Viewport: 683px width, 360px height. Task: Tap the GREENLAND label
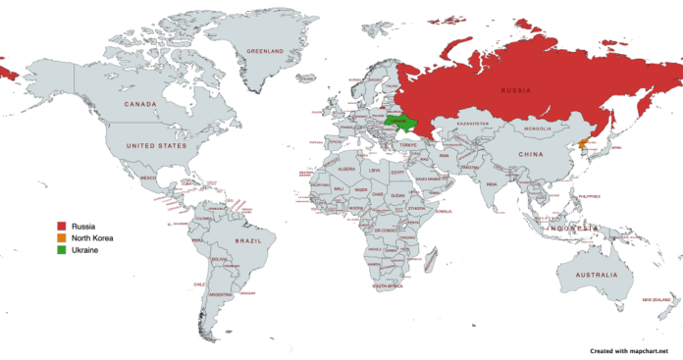coord(265,50)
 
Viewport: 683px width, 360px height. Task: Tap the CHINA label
coord(531,154)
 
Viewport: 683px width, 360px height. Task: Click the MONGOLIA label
coord(538,129)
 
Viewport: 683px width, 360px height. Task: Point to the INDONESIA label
coord(573,229)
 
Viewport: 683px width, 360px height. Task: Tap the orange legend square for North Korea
coord(60,237)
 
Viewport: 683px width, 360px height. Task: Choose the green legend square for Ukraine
coord(60,249)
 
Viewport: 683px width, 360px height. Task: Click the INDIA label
coord(491,183)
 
